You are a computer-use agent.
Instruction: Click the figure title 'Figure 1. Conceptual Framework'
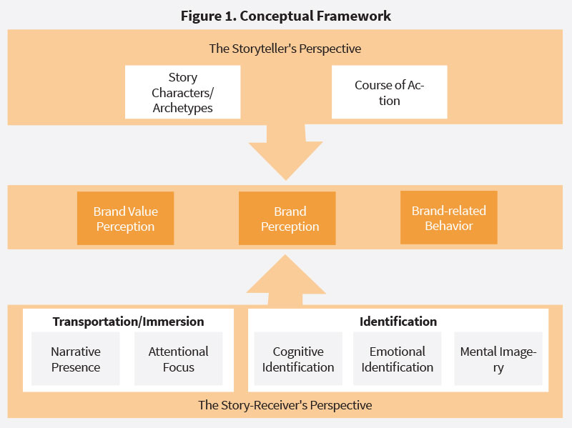[285, 16]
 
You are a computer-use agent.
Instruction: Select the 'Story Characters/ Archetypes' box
[182, 92]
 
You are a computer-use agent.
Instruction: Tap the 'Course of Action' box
[389, 92]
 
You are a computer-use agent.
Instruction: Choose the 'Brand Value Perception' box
[125, 219]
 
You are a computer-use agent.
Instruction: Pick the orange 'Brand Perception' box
[290, 219]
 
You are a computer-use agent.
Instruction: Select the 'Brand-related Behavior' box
[448, 217]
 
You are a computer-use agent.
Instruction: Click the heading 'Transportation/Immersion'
[128, 322]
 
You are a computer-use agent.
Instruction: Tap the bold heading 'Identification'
[398, 322]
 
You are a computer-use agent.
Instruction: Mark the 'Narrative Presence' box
[76, 359]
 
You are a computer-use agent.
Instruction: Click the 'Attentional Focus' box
[178, 359]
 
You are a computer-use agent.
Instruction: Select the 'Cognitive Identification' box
[298, 359]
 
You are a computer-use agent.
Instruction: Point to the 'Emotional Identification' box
[397, 359]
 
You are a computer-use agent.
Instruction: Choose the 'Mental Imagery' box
[498, 359]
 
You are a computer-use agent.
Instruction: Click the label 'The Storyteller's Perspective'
[285, 49]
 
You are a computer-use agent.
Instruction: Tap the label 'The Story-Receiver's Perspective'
[285, 405]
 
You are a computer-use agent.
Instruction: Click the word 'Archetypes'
[182, 109]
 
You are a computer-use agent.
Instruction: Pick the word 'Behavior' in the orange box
[448, 226]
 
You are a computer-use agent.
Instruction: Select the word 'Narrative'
[76, 352]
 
